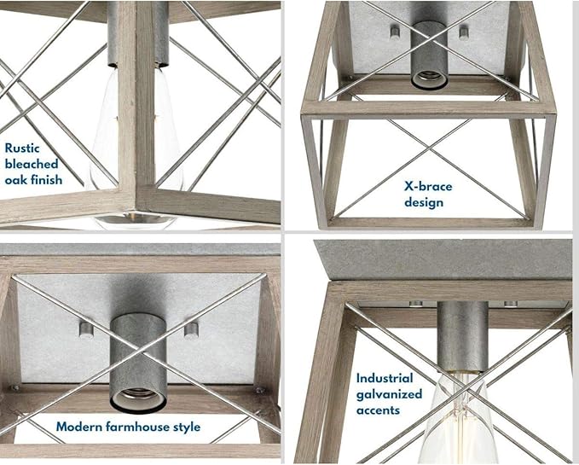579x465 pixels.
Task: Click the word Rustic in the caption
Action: coord(22,148)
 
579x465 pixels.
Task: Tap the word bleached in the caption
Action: coord(32,164)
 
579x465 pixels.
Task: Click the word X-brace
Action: coord(428,186)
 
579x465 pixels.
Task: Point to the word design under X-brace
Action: coord(424,202)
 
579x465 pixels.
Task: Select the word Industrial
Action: coord(385,378)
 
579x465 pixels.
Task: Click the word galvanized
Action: coord(389,394)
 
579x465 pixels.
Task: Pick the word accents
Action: coord(378,410)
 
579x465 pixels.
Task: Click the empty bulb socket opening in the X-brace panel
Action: coord(430,79)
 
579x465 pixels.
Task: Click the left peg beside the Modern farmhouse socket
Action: coord(86,329)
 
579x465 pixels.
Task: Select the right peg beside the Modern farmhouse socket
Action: coord(191,330)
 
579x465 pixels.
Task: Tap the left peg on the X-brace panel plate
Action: coord(395,32)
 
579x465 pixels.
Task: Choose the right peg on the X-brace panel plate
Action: coord(464,32)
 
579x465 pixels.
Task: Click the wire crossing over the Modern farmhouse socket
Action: coord(139,350)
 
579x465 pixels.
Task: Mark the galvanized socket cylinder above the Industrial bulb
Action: coord(462,336)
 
